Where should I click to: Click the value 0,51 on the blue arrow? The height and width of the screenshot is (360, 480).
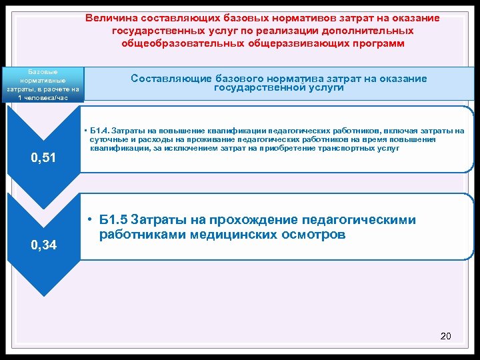click(x=45, y=158)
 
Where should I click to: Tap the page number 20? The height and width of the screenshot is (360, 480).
click(x=446, y=336)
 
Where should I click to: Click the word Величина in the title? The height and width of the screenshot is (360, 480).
click(x=110, y=18)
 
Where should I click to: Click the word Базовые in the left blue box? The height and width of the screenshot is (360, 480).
click(x=43, y=71)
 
